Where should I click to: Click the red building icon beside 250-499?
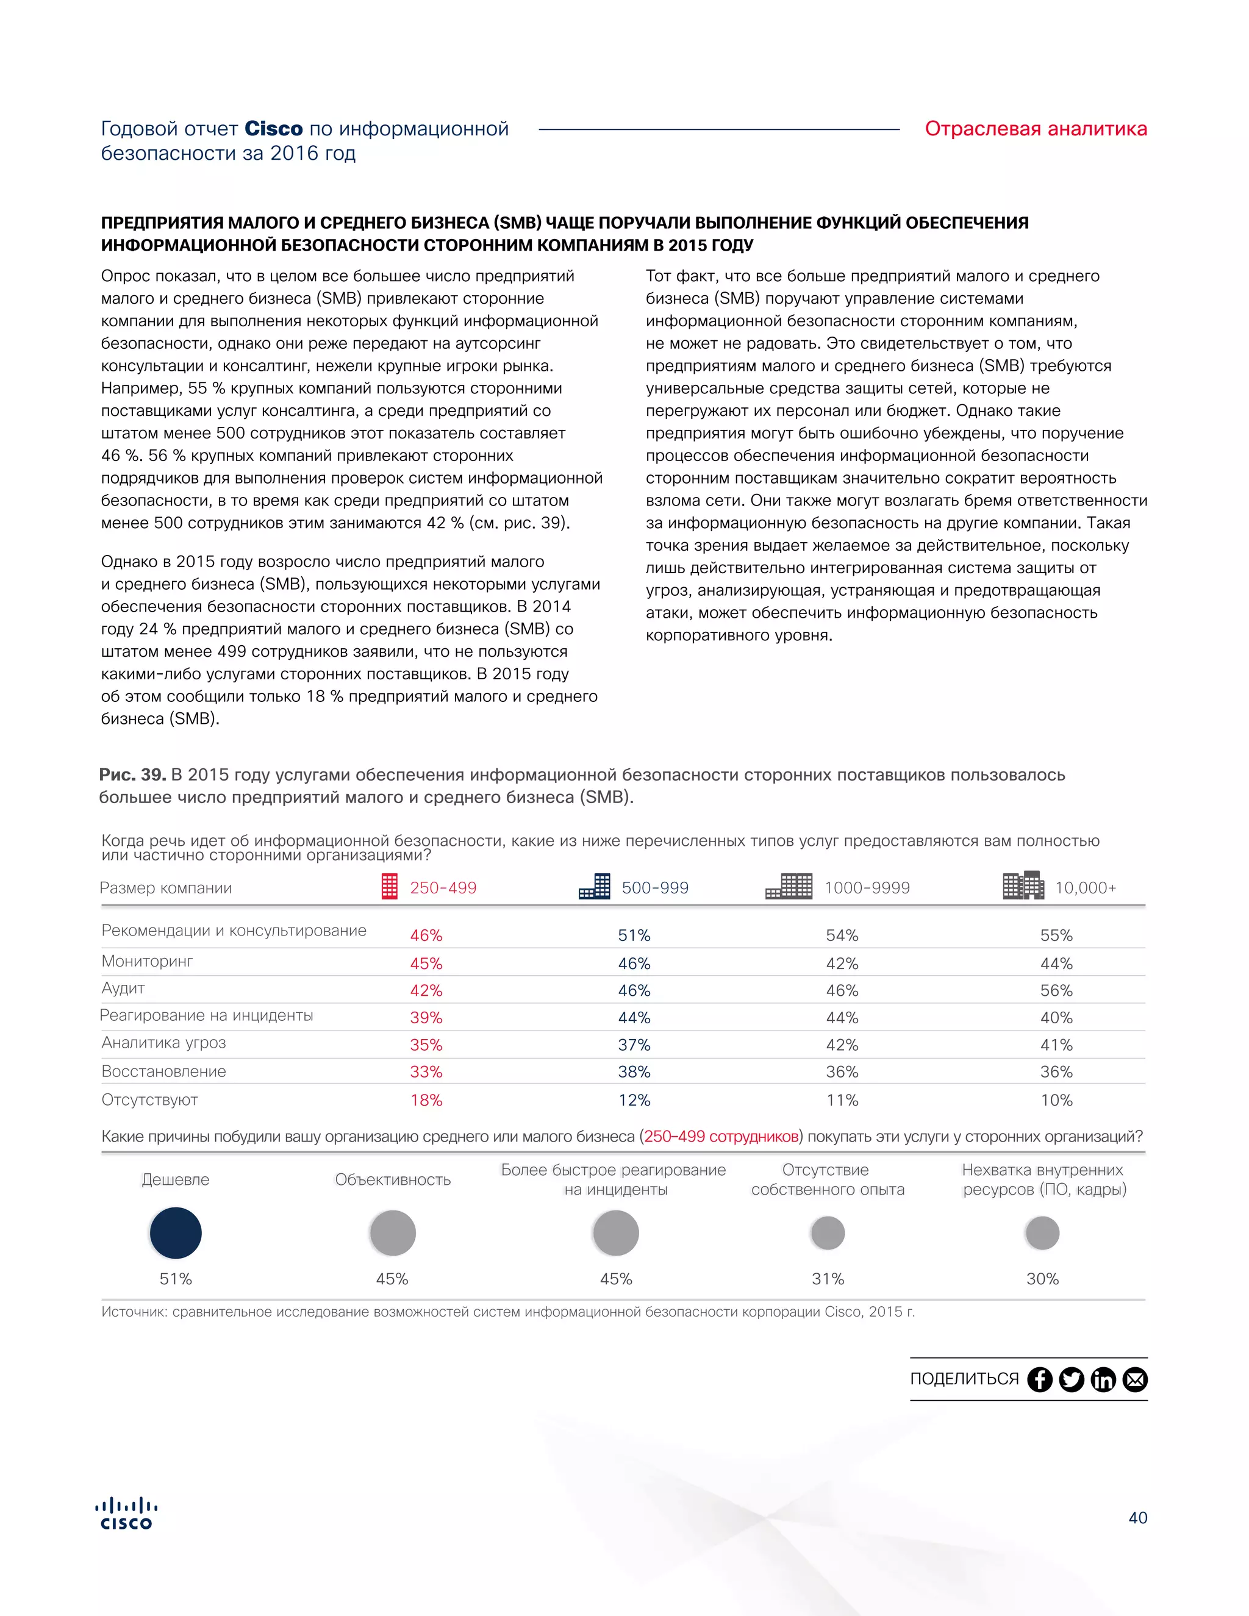tap(389, 887)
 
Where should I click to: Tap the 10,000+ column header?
tap(1085, 888)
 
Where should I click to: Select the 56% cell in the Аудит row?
tap(1056, 991)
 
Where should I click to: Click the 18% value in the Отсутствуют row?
tap(426, 1100)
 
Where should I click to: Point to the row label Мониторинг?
tap(147, 961)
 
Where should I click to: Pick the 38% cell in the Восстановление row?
tap(634, 1072)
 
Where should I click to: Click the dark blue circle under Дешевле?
tap(176, 1232)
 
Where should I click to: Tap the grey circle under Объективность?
tap(392, 1232)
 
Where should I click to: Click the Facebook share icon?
tap(1040, 1379)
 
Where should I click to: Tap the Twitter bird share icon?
tap(1072, 1379)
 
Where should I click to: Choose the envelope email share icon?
tap(1135, 1379)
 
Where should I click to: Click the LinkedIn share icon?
tap(1103, 1379)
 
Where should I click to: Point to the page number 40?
tap(1137, 1518)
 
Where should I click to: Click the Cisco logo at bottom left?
tap(126, 1514)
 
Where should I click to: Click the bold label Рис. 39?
tap(132, 774)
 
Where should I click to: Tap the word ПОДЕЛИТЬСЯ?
tap(964, 1379)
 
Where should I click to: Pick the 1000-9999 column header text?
tap(867, 888)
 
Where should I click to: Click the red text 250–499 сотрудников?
tap(721, 1137)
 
